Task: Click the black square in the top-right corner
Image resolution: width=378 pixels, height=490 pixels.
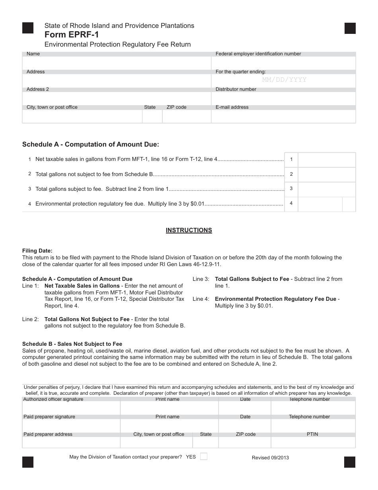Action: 350,28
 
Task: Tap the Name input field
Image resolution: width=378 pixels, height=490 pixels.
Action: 117,63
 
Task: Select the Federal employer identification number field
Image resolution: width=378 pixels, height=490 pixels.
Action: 283,63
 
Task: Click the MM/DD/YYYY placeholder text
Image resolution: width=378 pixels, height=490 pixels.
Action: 284,80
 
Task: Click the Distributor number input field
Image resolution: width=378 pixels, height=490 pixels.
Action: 283,98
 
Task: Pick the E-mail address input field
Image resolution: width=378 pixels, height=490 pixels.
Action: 283,116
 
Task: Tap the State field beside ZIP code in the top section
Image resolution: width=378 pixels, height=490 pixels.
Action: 152,116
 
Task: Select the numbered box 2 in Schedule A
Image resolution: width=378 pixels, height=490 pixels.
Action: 291,174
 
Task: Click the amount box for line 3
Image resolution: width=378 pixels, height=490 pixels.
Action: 326,189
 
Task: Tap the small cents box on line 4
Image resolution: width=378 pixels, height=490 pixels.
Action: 349,204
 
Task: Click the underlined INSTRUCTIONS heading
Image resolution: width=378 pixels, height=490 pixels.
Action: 189,230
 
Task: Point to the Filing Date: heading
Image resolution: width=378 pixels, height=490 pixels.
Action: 37,251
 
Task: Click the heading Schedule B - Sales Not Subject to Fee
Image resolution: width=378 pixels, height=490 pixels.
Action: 72,344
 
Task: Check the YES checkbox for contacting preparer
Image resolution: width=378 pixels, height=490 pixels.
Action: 203,457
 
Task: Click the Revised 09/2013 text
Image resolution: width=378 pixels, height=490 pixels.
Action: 270,458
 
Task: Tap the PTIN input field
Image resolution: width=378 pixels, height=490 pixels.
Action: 313,443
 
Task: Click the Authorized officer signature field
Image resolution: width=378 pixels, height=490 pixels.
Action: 71,408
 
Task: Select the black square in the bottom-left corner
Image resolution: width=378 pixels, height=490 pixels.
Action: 28,462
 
